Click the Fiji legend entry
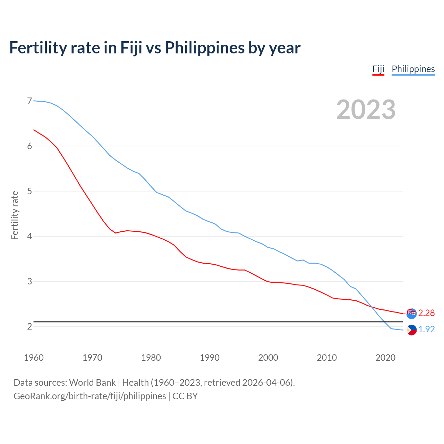(x=378, y=69)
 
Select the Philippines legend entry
(x=413, y=69)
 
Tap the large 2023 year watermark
(x=366, y=110)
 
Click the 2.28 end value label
(x=426, y=313)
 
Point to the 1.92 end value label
(x=426, y=329)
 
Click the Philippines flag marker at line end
(x=411, y=330)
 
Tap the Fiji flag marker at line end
(x=411, y=313)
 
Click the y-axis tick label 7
(x=29, y=101)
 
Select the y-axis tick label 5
(x=29, y=191)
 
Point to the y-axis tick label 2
(x=29, y=326)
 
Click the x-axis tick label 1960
(x=34, y=358)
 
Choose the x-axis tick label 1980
(x=151, y=358)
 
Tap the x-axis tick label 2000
(x=268, y=358)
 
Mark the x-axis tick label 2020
(x=385, y=358)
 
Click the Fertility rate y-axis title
(x=15, y=215)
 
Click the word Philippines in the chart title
(x=204, y=48)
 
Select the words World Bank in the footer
(x=92, y=383)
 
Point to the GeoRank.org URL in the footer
(x=89, y=396)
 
